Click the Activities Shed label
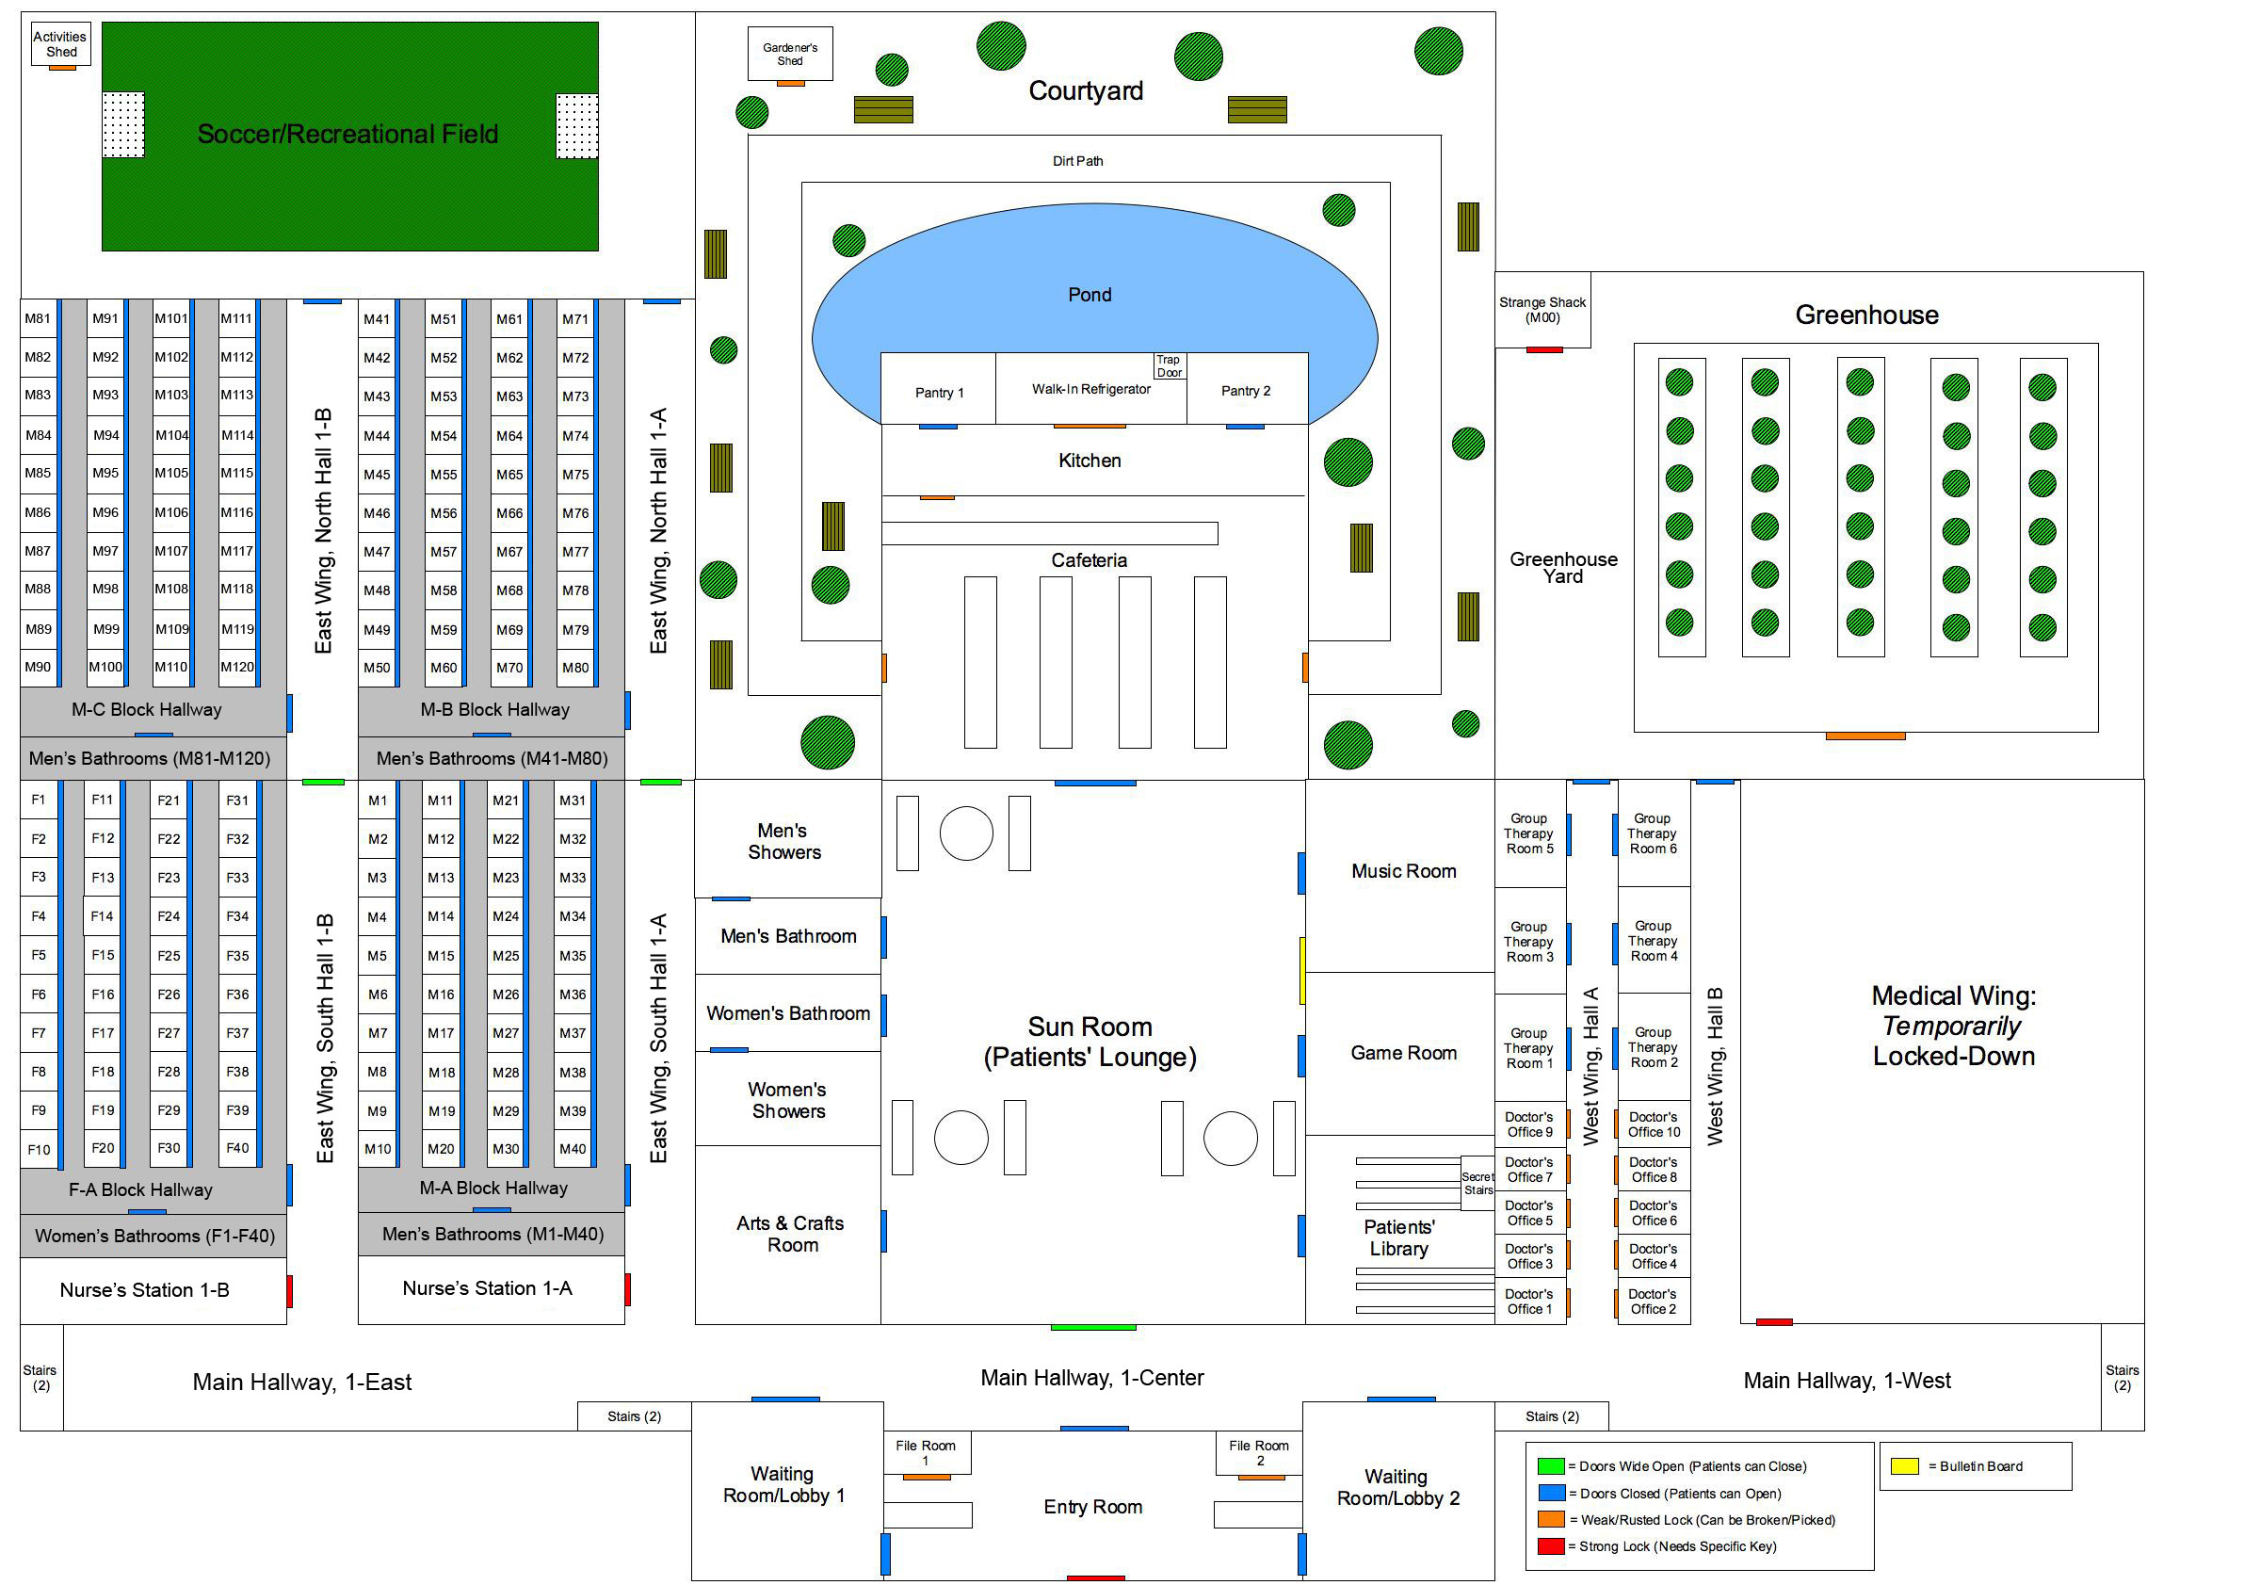click(60, 44)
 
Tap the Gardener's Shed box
click(790, 54)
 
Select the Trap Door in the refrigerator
click(1169, 365)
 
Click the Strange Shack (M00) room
click(1542, 310)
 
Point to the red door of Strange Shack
click(1544, 348)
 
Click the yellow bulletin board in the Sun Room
click(1301, 970)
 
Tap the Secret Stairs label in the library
click(1477, 1184)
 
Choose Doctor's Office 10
click(1654, 1124)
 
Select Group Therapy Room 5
click(1528, 833)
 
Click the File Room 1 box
click(926, 1452)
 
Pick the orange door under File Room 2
click(1261, 1477)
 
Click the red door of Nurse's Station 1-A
click(627, 1290)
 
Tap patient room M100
click(105, 668)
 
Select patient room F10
click(40, 1150)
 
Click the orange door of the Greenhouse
click(1865, 736)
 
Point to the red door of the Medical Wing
click(1774, 1322)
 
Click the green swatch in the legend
click(1551, 1465)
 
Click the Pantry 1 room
click(938, 392)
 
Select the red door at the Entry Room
click(1095, 1578)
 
